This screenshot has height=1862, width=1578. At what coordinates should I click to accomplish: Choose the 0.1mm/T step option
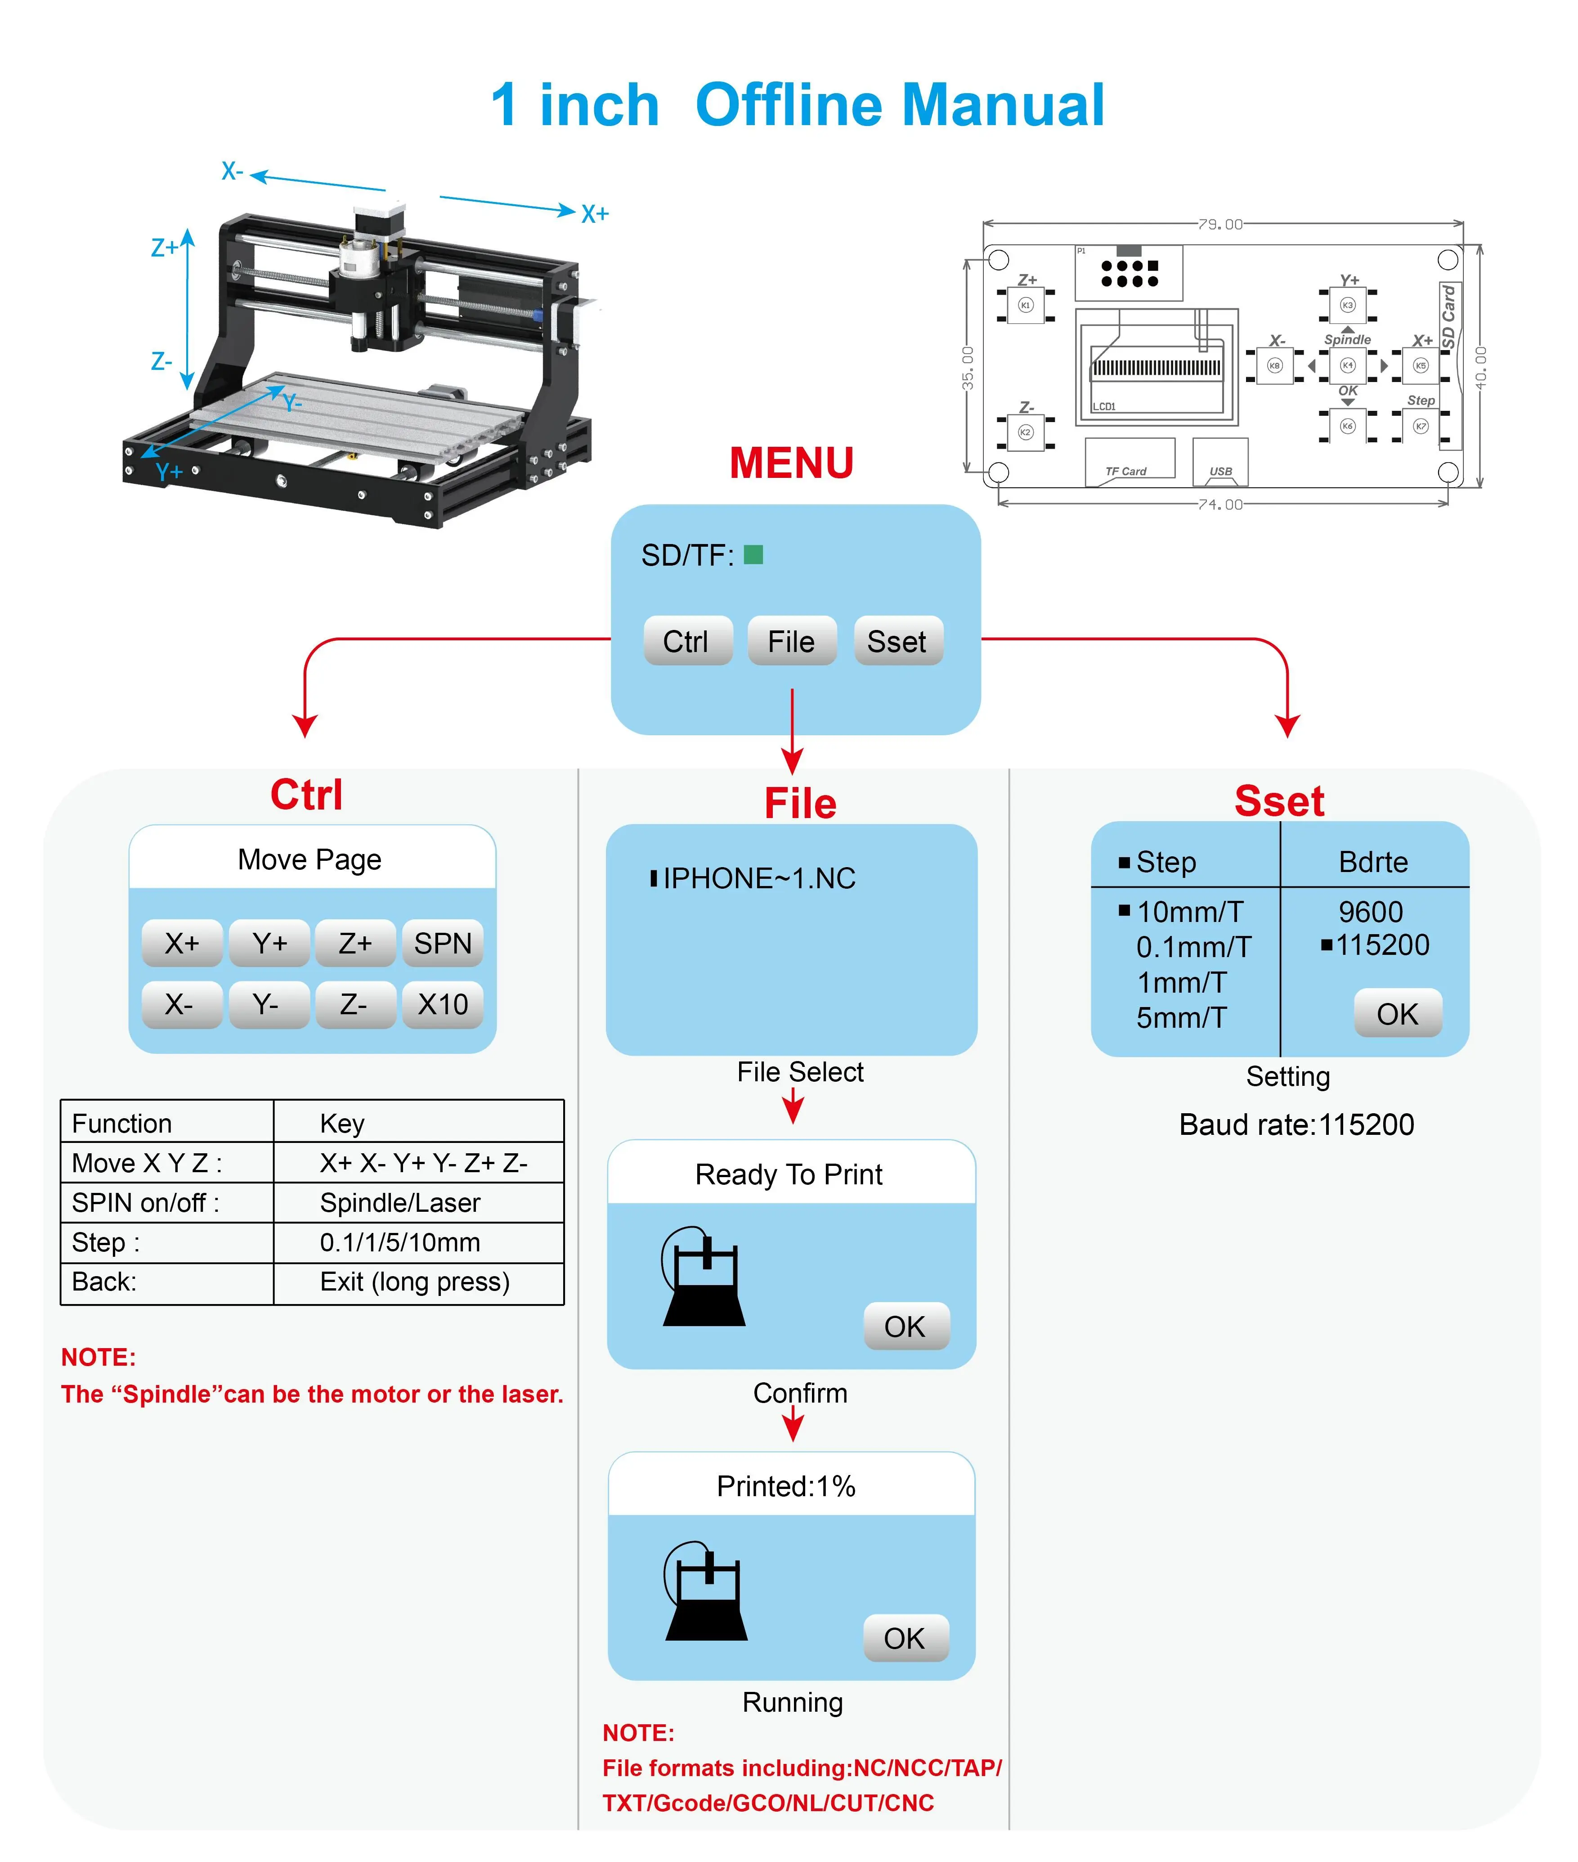click(x=1193, y=947)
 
